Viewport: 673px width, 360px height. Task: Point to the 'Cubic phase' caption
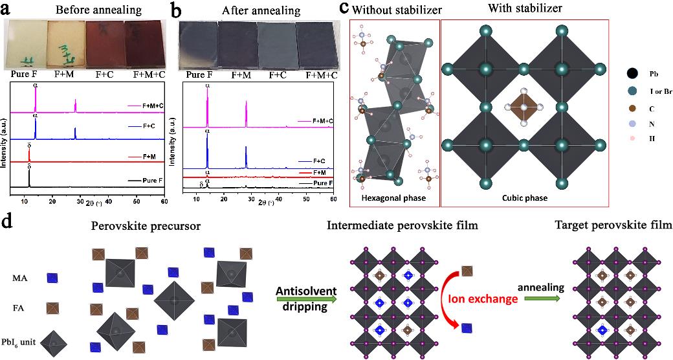[525, 197]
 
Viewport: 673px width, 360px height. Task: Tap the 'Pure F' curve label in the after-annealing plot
[322, 184]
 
